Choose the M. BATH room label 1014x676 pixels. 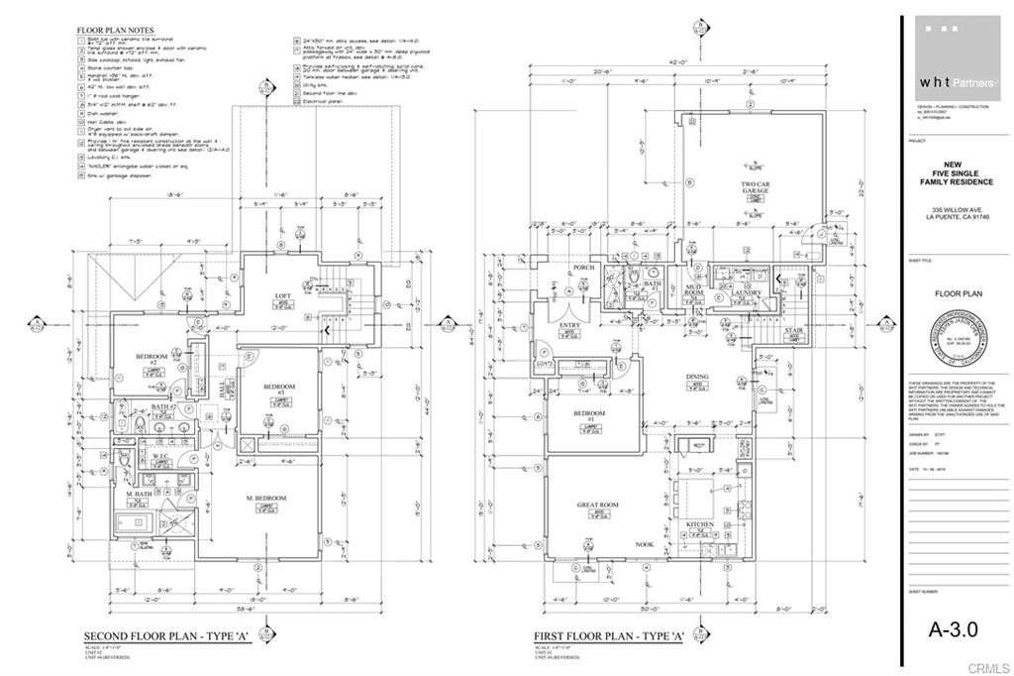point(138,494)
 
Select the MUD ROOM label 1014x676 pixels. point(693,291)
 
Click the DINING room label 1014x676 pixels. point(698,377)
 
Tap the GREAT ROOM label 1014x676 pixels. point(597,505)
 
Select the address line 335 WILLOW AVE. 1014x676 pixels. point(955,210)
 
